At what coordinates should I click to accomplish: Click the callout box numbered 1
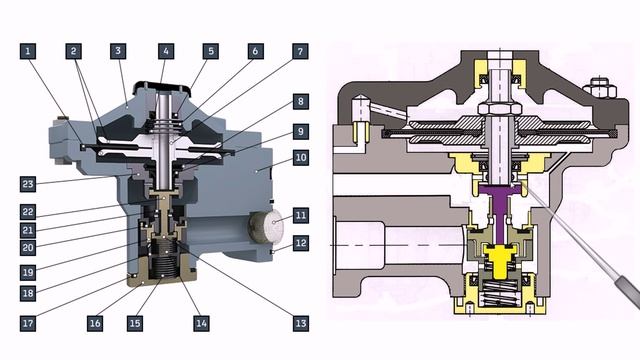click(28, 51)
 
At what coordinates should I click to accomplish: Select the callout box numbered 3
click(118, 51)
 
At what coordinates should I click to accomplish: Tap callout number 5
click(211, 51)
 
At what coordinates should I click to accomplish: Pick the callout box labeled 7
click(300, 51)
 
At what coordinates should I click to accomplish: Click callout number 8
click(300, 102)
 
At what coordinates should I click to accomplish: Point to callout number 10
click(300, 158)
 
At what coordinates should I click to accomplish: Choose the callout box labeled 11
click(300, 216)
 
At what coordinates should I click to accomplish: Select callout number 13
click(300, 323)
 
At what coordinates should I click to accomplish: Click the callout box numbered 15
click(135, 323)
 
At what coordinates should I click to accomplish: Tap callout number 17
click(28, 323)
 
